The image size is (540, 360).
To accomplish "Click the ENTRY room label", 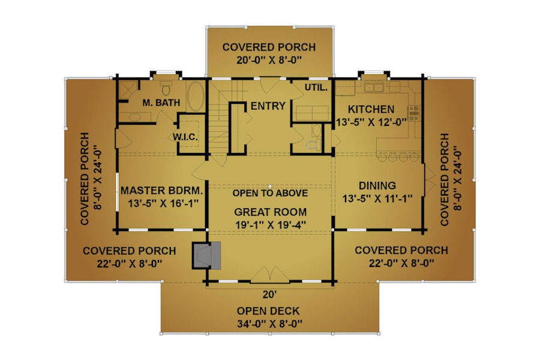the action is [268, 106].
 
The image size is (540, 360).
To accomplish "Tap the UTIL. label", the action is [316, 88].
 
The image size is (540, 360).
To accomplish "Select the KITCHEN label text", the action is [371, 110].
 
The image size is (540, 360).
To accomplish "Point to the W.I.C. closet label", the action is [185, 137].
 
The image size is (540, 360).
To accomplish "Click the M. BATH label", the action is [161, 103].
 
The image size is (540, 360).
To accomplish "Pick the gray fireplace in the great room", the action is [206, 255].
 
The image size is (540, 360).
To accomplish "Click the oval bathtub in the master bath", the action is [196, 96].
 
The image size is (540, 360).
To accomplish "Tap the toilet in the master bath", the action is [166, 88].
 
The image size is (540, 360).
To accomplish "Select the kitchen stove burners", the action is [414, 113].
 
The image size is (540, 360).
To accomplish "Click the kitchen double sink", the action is [374, 86].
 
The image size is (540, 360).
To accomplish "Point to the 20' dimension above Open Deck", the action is [270, 295].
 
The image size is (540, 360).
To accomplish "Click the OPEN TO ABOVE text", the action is [270, 193].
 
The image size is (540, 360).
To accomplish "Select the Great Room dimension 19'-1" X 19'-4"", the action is [271, 225].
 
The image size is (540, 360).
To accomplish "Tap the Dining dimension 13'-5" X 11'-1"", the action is [377, 199].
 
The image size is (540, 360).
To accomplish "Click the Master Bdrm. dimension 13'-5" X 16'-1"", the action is [163, 203].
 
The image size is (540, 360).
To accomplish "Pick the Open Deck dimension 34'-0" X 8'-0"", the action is [269, 324].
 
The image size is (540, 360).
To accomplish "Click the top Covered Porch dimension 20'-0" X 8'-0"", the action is [269, 60].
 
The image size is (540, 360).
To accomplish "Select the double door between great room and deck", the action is [269, 275].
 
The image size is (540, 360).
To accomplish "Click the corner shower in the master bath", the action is [128, 90].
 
